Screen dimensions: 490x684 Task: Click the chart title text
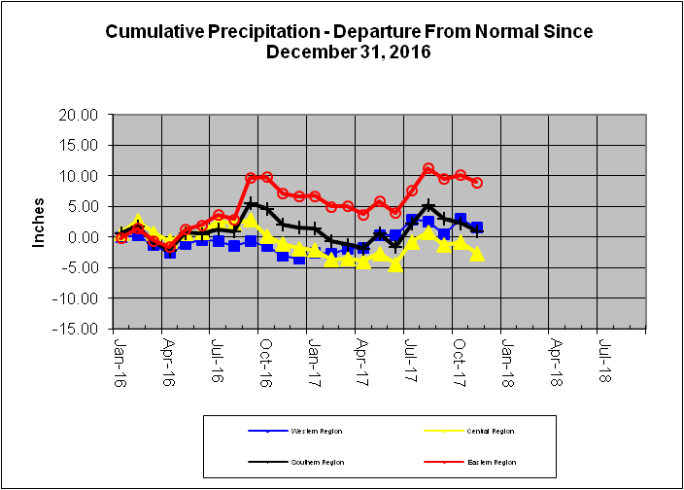point(348,41)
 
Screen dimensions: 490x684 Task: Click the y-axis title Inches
point(40,224)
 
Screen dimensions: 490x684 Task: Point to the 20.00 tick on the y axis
point(80,115)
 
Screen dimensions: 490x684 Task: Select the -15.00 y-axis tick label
point(78,329)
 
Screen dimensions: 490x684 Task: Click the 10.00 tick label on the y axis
point(80,176)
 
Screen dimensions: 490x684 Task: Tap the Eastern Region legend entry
point(492,463)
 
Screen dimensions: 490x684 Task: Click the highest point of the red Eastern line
point(428,169)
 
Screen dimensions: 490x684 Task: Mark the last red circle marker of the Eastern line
point(477,183)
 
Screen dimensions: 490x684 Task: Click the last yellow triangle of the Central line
point(477,254)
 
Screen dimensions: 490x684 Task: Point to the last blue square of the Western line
point(477,227)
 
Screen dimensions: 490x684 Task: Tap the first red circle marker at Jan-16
point(121,237)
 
